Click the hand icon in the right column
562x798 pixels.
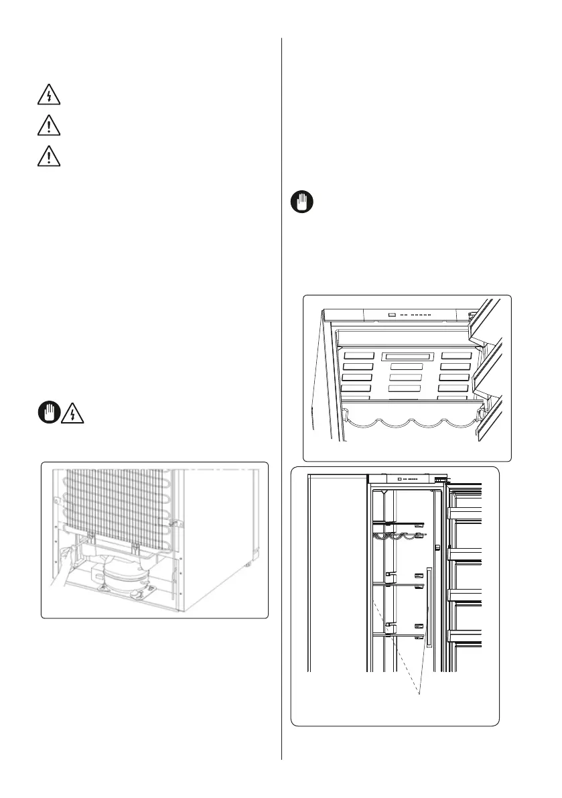point(302,202)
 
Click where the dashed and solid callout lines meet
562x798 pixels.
point(420,693)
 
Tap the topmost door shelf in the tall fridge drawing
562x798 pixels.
point(465,513)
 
